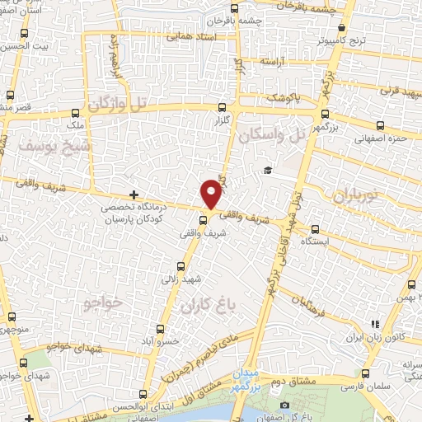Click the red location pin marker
click(212, 194)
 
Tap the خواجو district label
click(103, 303)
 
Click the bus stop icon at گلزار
click(222, 106)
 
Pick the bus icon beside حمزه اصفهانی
click(380, 126)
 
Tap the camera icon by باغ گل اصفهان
click(284, 405)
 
